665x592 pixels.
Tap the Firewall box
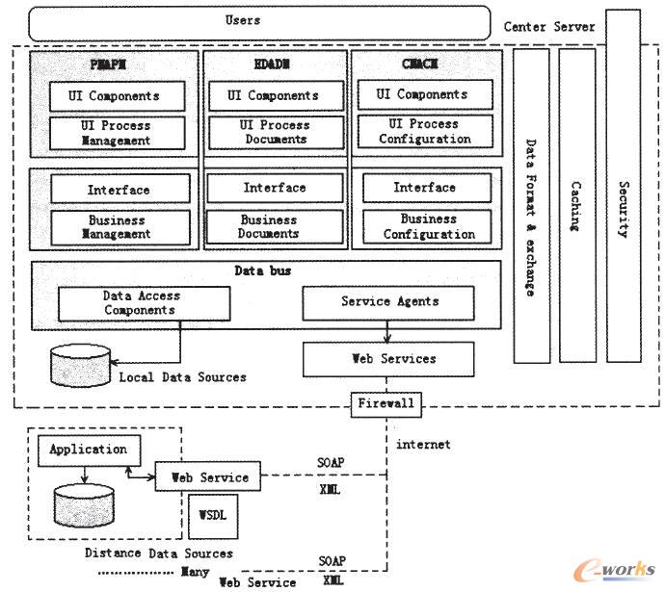click(x=386, y=402)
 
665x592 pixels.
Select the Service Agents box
click(x=388, y=302)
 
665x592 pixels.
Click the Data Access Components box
click(x=144, y=303)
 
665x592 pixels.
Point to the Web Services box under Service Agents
click(x=388, y=359)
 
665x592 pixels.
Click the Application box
click(x=88, y=450)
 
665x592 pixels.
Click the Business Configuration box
click(x=428, y=227)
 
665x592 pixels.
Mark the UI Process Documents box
click(x=274, y=133)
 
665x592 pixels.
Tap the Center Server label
click(x=549, y=27)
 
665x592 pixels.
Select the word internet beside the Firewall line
click(x=423, y=445)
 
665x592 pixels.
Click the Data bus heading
click(x=263, y=271)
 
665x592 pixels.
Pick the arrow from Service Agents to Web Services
click(x=387, y=330)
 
